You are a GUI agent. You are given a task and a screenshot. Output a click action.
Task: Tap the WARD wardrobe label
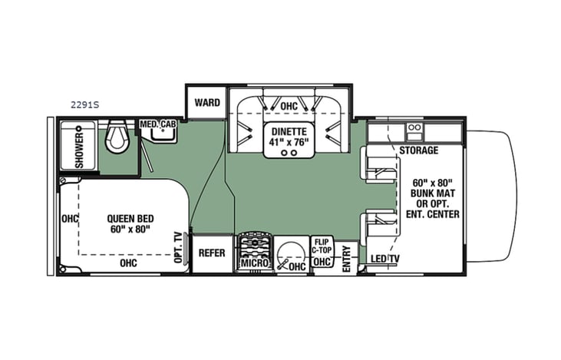tap(207, 102)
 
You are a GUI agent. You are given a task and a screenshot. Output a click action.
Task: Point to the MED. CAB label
tap(157, 124)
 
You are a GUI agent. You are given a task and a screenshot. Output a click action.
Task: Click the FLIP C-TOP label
tap(322, 246)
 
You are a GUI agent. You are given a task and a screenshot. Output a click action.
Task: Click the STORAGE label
tap(418, 150)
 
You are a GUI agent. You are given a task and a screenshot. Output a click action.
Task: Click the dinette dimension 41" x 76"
tap(287, 141)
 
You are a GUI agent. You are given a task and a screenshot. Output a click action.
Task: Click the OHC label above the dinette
tap(289, 106)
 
